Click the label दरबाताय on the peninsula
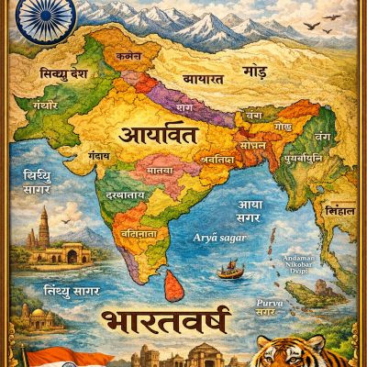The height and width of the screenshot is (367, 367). (x=122, y=196)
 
